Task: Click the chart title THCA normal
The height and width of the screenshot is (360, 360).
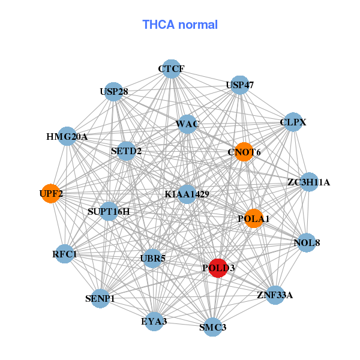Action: pyautogui.click(x=179, y=25)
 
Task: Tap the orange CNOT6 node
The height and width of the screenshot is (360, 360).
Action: pyautogui.click(x=244, y=152)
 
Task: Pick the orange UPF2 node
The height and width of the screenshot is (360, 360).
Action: pyautogui.click(x=50, y=194)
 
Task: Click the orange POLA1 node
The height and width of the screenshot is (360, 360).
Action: pyautogui.click(x=254, y=218)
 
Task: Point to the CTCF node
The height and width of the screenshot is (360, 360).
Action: pyautogui.click(x=172, y=69)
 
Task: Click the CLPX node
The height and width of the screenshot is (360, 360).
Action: pyautogui.click(x=293, y=122)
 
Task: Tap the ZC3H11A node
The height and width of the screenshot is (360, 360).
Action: pyautogui.click(x=308, y=182)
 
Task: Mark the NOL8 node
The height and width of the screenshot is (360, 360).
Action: pyautogui.click(x=307, y=243)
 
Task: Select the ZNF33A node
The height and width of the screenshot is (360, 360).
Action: pyautogui.click(x=275, y=295)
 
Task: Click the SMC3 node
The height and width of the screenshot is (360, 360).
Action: pyautogui.click(x=213, y=327)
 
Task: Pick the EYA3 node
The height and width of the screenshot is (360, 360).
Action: pyautogui.click(x=154, y=322)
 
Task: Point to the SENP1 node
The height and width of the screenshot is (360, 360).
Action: pyautogui.click(x=100, y=298)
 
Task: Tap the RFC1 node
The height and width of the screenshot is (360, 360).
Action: pyautogui.click(x=65, y=254)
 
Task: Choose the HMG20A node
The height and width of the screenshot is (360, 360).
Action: pyautogui.click(x=67, y=137)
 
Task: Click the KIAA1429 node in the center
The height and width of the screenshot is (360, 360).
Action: pyautogui.click(x=187, y=194)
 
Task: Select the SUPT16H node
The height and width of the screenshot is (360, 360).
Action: pyautogui.click(x=109, y=211)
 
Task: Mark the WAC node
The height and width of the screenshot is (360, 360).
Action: pyautogui.click(x=187, y=124)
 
